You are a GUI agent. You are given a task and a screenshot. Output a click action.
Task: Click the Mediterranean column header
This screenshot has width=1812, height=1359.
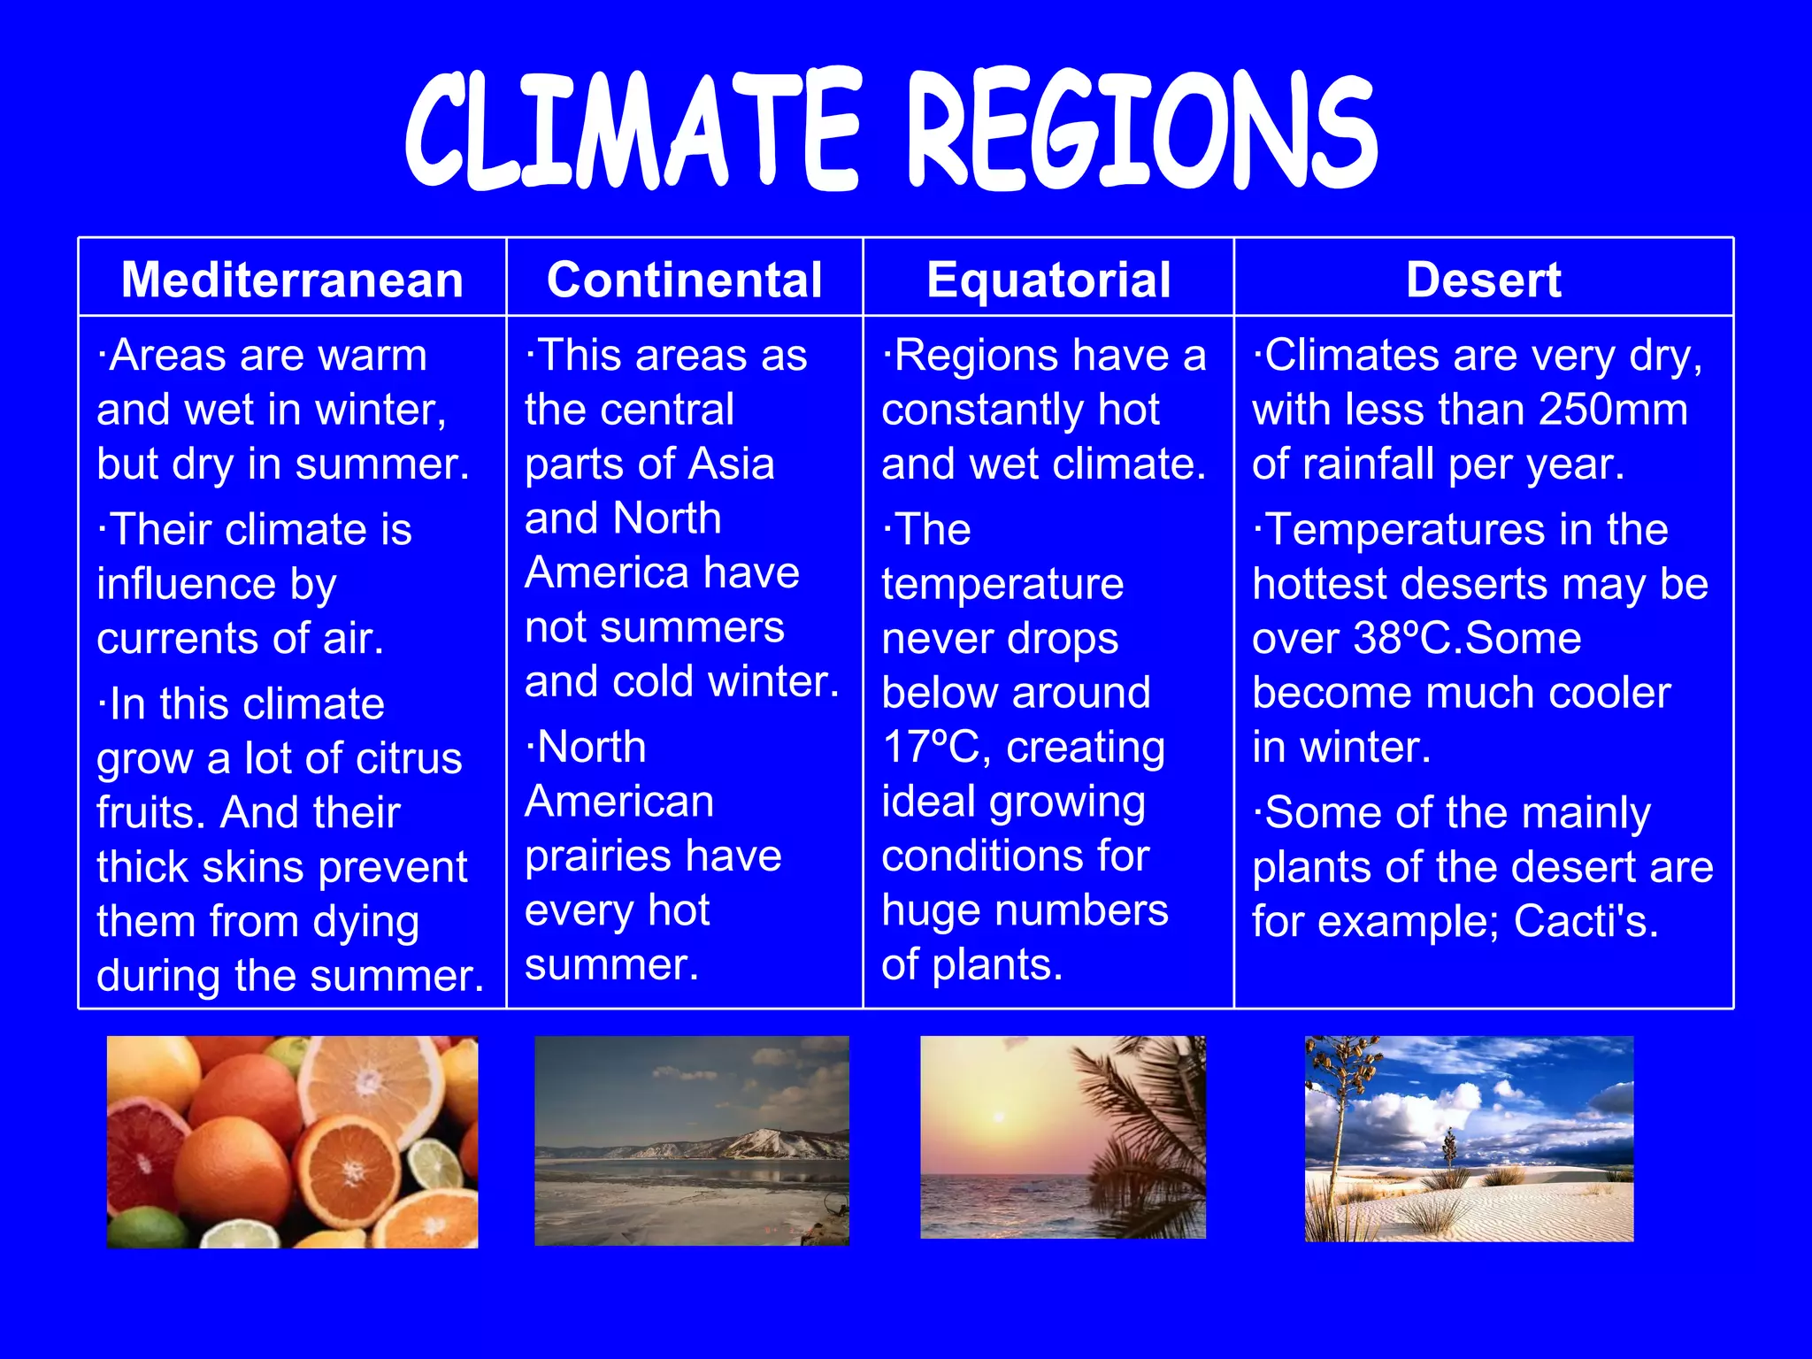tap(292, 280)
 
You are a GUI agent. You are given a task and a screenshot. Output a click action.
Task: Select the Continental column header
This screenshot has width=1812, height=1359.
tap(684, 280)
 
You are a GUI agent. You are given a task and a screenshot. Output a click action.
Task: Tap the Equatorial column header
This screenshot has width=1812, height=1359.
tap(1048, 280)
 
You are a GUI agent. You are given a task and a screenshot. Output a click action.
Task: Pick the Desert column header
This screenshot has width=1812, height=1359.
tap(1484, 280)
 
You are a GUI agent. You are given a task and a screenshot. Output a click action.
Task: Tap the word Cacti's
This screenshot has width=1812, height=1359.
tap(1585, 921)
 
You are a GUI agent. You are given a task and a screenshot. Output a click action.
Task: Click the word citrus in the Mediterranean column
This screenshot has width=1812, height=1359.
tap(409, 758)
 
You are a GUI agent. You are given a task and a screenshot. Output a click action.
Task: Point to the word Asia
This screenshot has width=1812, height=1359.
tap(732, 464)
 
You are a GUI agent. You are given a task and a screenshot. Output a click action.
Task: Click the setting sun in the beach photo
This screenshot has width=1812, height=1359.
tap(998, 1117)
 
